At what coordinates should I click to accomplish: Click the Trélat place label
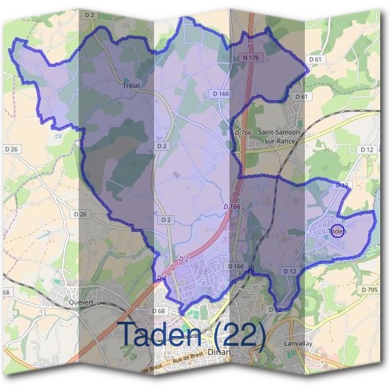pos(132,84)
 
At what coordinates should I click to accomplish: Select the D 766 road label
pos(243,133)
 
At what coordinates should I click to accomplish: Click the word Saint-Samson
pos(279,132)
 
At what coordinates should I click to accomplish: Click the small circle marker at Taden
pos(337,230)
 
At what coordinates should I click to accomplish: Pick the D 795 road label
pos(369,289)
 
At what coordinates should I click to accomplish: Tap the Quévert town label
pos(82,302)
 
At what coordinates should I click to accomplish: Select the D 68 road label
pos(158,311)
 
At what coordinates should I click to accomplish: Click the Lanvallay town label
pos(300,343)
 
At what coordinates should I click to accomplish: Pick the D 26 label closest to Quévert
pos(81,214)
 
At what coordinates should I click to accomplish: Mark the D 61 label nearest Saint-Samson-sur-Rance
pos(300,96)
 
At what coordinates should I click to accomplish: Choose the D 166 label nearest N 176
pos(221,94)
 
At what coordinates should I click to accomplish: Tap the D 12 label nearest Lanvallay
pos(290,270)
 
